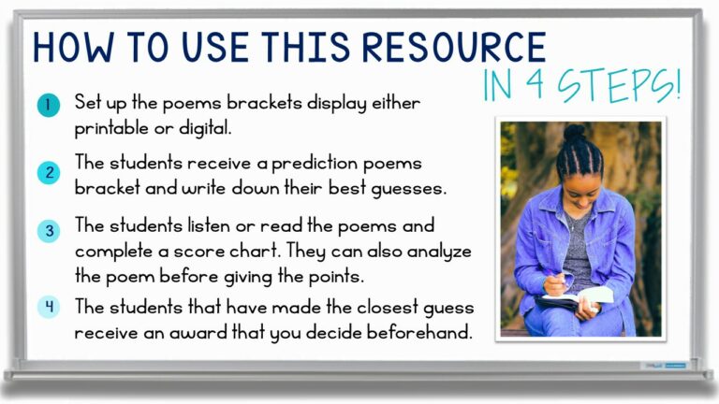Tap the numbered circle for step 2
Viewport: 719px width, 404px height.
(48, 173)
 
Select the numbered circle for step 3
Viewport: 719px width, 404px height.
(48, 231)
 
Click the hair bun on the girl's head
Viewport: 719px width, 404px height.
(573, 133)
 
